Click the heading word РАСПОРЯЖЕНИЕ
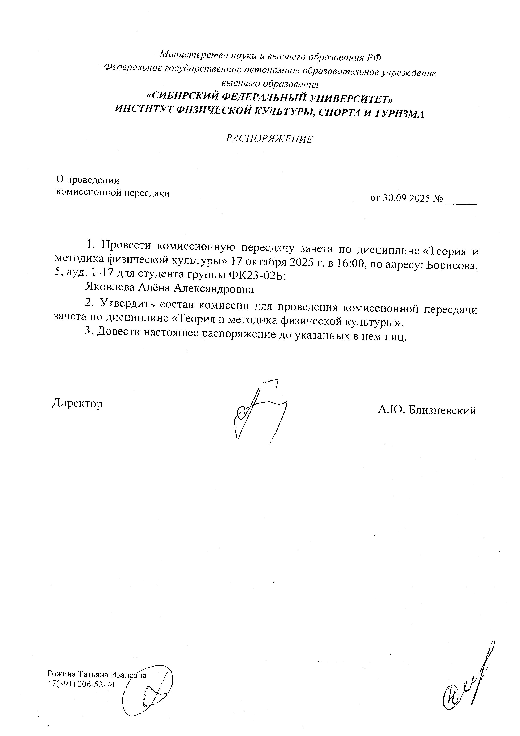(x=269, y=139)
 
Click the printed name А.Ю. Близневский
(x=427, y=410)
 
